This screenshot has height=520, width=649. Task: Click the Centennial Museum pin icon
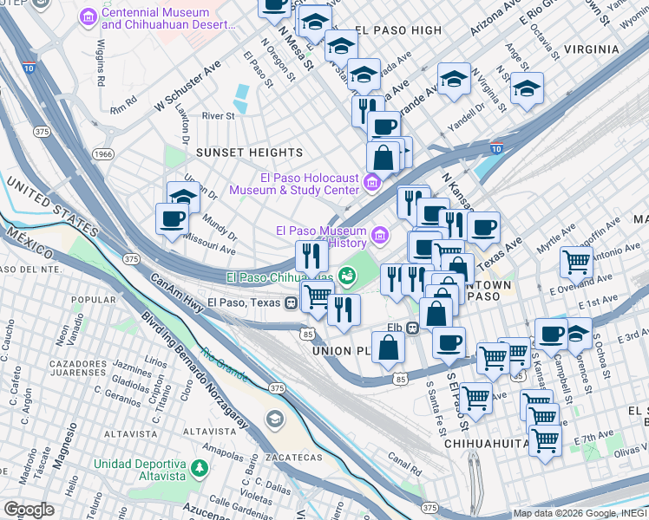tap(88, 16)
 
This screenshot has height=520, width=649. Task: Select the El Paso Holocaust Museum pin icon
tap(371, 181)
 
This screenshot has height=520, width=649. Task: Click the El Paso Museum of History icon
tap(379, 235)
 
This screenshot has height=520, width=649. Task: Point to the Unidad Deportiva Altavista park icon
tap(199, 468)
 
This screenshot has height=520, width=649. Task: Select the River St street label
tap(218, 115)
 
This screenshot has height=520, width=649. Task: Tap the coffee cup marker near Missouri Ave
tap(172, 218)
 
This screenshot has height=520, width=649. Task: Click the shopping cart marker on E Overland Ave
tap(576, 261)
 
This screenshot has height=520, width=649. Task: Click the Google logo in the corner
tap(29, 510)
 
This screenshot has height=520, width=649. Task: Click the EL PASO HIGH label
tap(397, 30)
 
